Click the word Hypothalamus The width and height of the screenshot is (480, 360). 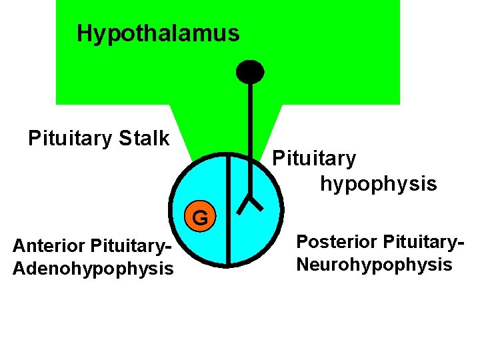158,33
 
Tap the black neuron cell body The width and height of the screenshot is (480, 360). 251,71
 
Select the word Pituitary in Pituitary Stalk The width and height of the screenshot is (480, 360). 70,139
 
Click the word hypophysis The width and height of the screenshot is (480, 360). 378,183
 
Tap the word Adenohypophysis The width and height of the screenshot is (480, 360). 93,269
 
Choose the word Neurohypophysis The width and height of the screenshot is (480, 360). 374,265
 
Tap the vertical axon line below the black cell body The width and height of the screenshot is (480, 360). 251,133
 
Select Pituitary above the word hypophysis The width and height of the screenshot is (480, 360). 314,159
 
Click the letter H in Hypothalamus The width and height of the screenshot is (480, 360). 84,33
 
